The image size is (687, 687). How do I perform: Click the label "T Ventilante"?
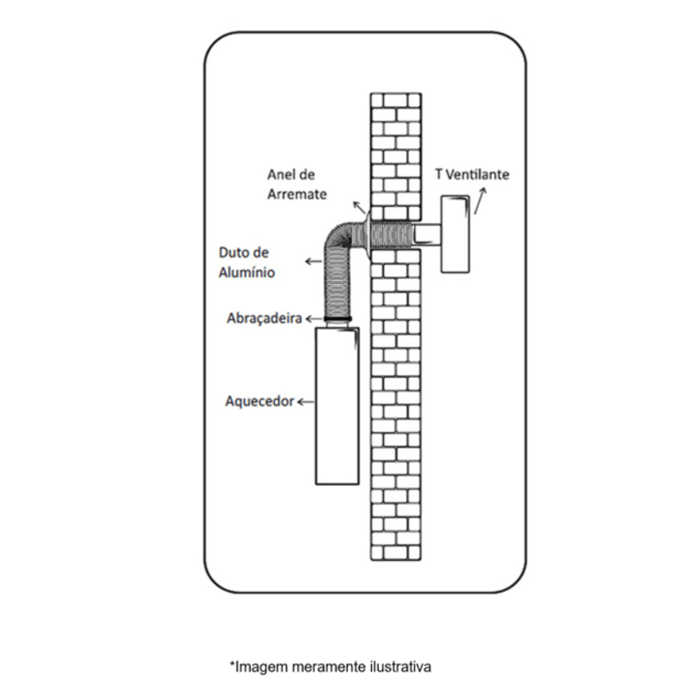[472, 174]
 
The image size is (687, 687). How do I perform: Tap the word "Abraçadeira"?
[264, 319]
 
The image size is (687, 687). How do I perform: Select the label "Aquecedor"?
[260, 401]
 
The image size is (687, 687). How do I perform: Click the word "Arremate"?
[297, 194]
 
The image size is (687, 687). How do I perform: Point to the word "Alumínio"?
[246, 272]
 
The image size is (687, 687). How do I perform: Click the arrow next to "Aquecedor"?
[306, 402]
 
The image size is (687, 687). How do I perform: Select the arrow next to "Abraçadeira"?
[313, 319]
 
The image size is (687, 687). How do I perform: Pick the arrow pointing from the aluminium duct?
[313, 262]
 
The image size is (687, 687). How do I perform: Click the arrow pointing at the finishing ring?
[359, 207]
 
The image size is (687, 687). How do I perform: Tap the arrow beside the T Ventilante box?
[480, 201]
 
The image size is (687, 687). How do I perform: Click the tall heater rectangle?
[337, 406]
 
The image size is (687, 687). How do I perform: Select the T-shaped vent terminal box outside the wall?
[455, 234]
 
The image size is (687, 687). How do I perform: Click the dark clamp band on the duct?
[337, 319]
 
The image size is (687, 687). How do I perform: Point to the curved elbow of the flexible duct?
[338, 240]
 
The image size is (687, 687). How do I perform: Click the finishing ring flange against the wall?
[367, 237]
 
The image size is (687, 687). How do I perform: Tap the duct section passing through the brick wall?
[392, 234]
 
